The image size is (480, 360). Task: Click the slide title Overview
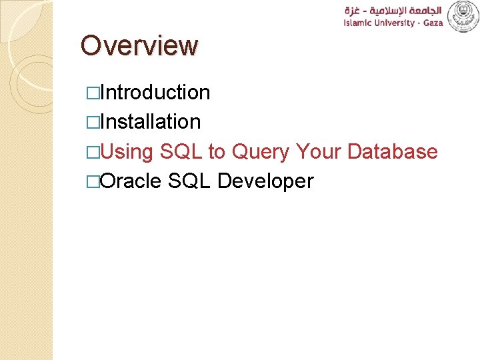139,46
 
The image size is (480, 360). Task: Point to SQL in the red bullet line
181,152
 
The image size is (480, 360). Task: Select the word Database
393,152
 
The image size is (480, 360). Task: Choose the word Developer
265,181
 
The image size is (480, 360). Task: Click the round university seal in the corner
463,16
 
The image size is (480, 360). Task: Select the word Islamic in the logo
359,24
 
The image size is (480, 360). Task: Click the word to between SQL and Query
217,152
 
